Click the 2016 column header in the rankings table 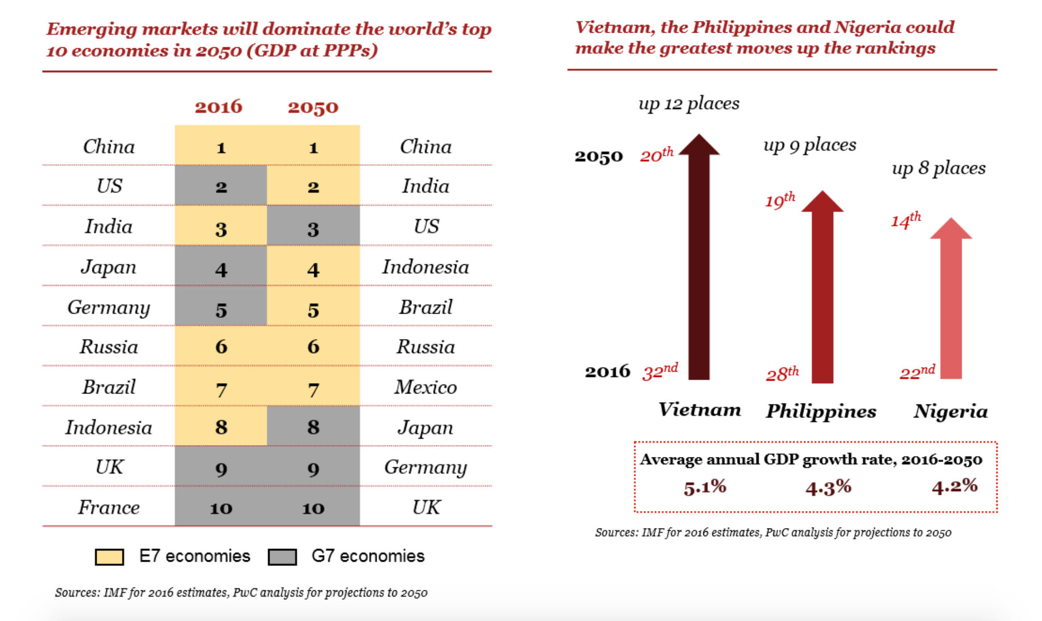click(x=219, y=106)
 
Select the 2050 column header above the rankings click(x=313, y=107)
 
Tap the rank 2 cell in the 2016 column click(x=221, y=186)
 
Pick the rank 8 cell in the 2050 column click(x=313, y=427)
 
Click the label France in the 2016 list click(x=109, y=507)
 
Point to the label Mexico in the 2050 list click(x=425, y=387)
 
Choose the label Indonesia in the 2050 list click(x=425, y=267)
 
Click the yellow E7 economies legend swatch click(x=109, y=557)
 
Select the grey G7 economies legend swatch click(x=282, y=557)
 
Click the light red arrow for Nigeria click(x=951, y=306)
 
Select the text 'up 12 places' click(x=689, y=103)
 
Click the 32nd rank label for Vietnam click(x=660, y=371)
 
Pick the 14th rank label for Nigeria click(x=905, y=220)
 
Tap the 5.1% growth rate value click(x=705, y=487)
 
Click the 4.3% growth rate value click(x=828, y=487)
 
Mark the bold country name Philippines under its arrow click(x=821, y=411)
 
